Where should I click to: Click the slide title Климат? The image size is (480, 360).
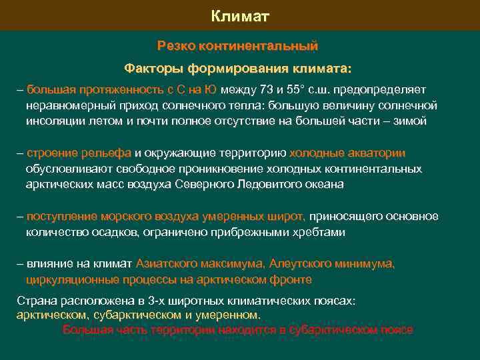click(240, 15)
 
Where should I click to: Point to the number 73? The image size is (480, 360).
click(266, 89)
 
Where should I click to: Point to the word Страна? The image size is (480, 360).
click(36, 301)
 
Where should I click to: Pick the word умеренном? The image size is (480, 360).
click(225, 315)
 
